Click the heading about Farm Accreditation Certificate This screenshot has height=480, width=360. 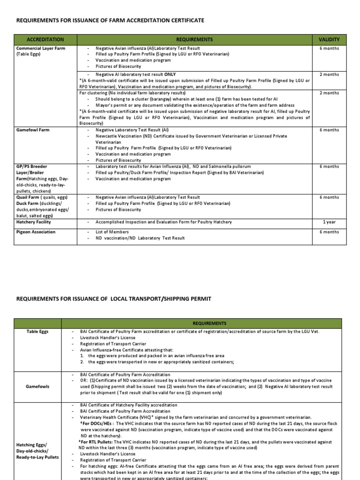click(111, 21)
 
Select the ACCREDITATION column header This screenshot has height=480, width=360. click(45, 39)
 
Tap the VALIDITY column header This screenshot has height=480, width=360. click(329, 39)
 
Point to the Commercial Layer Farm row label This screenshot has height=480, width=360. click(41, 48)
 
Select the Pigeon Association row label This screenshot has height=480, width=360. click(36, 232)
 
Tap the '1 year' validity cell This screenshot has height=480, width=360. click(329, 222)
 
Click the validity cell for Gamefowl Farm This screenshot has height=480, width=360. click(329, 130)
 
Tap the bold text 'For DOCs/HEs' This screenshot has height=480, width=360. click(95, 423)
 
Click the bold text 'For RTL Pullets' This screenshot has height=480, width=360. click(97, 442)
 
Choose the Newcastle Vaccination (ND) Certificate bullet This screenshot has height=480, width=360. click(191, 136)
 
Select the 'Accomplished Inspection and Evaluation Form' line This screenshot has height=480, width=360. click(164, 222)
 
